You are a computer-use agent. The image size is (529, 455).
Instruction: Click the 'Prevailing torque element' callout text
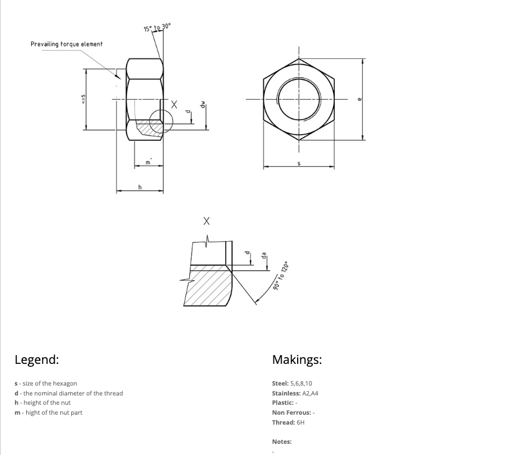[x=66, y=44]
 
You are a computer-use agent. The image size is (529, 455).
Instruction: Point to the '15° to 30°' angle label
[x=158, y=27]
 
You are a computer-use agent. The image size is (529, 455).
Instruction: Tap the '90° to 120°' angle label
[x=281, y=276]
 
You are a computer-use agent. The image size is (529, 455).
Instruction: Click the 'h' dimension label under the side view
[x=140, y=187]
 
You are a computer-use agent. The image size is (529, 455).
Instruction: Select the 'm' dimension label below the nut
[x=148, y=162]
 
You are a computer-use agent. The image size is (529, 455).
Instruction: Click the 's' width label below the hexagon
[x=299, y=163]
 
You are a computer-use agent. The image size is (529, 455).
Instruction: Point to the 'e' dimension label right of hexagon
[x=360, y=99]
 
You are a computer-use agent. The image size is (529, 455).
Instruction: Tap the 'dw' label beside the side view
[x=202, y=105]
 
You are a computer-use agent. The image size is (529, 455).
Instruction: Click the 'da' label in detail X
[x=264, y=255]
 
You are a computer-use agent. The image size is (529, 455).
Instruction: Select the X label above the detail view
[x=207, y=221]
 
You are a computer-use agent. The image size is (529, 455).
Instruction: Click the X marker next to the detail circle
[x=174, y=105]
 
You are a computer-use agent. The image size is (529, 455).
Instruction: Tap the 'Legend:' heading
[x=37, y=359]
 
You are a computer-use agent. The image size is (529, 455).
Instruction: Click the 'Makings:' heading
[x=297, y=359]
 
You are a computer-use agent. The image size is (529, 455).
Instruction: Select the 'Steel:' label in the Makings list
[x=280, y=384]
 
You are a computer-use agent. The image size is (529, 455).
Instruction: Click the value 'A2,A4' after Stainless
[x=310, y=393]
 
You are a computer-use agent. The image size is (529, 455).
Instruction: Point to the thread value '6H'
[x=301, y=422]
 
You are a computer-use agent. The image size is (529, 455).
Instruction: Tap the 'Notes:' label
[x=282, y=442]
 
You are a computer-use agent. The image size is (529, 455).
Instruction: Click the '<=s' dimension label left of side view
[x=83, y=99]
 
